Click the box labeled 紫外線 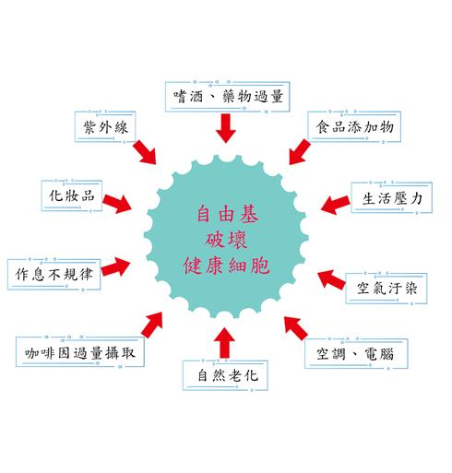pos(105,127)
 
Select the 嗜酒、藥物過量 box pos(228,97)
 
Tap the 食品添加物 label pos(354,126)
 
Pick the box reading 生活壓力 pos(392,197)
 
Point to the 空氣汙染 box pos(387,289)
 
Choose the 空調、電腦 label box pos(356,353)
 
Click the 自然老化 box pos(225,375)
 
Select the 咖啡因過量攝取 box pos(80,352)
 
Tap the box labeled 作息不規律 pos(54,274)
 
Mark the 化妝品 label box pos(72,195)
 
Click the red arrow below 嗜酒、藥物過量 pos(226,128)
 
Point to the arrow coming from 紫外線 pos(145,152)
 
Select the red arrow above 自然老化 pos(224,343)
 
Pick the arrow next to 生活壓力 pos(336,205)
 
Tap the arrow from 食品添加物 pos(300,151)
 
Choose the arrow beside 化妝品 pos(117,204)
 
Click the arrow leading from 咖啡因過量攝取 pos(152,325)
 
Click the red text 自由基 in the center pos(227,214)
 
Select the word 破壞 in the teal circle pos(226,240)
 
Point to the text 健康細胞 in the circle pos(227,266)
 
